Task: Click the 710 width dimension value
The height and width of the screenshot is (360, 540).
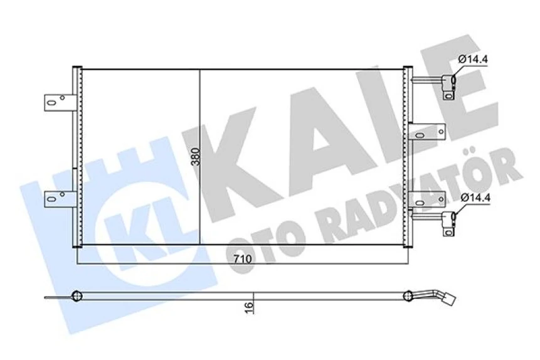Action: (243, 258)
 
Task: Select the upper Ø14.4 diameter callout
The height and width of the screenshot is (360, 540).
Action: (473, 60)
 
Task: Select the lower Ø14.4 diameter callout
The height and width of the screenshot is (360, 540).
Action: (473, 198)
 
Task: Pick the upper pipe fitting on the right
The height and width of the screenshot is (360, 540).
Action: (448, 85)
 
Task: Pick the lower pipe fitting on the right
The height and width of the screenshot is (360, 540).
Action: (448, 222)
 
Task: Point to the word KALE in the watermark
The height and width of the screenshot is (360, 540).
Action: (351, 125)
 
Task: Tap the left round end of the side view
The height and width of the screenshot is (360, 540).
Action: (77, 295)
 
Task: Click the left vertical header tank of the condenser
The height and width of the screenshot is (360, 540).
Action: (77, 157)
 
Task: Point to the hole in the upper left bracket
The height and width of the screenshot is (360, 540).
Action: (61, 98)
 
